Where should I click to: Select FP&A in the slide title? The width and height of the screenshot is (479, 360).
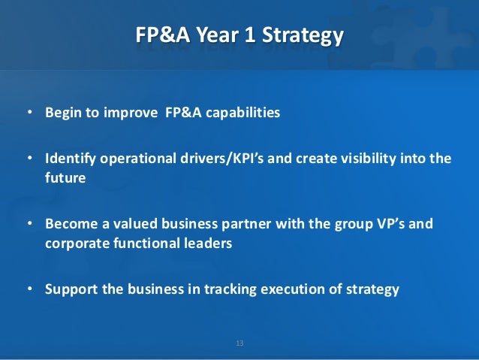(160, 35)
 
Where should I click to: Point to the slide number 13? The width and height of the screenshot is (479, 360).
(239, 343)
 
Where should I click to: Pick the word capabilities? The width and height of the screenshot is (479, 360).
(243, 113)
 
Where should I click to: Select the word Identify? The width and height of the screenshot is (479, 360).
(69, 159)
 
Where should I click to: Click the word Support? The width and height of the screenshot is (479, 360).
(71, 289)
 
